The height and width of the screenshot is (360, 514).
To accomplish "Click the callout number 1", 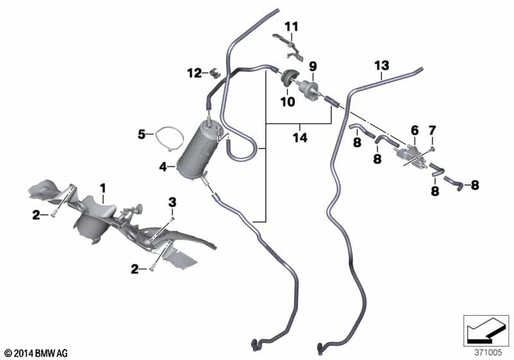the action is (103, 188).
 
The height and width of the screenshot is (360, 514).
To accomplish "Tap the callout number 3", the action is (172, 203).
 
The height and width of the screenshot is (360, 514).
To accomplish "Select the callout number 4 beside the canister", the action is (163, 167).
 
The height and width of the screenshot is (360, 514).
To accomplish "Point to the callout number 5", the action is (141, 134).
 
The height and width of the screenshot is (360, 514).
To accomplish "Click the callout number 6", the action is (414, 130).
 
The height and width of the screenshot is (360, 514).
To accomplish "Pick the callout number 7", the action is (432, 130).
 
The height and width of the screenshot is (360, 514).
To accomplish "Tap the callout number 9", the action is (313, 67).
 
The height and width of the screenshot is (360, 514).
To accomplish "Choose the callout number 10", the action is (287, 102).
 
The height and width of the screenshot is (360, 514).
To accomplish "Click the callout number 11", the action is (292, 26).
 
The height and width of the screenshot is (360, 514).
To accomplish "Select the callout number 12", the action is (195, 73).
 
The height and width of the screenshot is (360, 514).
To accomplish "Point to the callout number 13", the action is (382, 66).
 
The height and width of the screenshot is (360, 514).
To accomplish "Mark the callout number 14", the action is (300, 138).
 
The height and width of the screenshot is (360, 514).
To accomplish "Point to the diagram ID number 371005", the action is (488, 352).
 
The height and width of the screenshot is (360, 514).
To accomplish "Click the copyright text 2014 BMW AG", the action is (37, 353).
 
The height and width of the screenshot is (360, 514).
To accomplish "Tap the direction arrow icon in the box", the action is (486, 330).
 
